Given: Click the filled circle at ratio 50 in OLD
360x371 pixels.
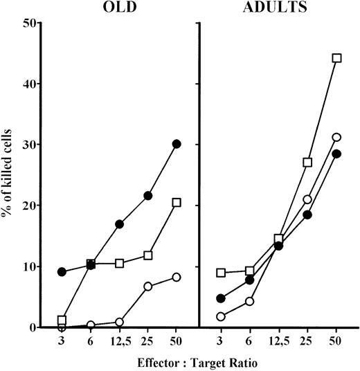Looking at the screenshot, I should point(177,144).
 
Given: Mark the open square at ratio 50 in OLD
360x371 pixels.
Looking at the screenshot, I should point(177,203).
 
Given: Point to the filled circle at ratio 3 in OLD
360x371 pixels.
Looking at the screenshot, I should point(62,272).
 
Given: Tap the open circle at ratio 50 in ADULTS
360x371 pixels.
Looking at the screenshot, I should point(337,137).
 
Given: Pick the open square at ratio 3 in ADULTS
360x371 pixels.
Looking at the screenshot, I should point(221,273).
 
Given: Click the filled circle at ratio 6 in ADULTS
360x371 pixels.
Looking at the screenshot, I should point(250,280).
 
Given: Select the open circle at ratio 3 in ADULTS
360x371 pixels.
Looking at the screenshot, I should point(221,316).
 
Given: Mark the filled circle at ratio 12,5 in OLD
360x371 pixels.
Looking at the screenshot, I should point(119,224).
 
